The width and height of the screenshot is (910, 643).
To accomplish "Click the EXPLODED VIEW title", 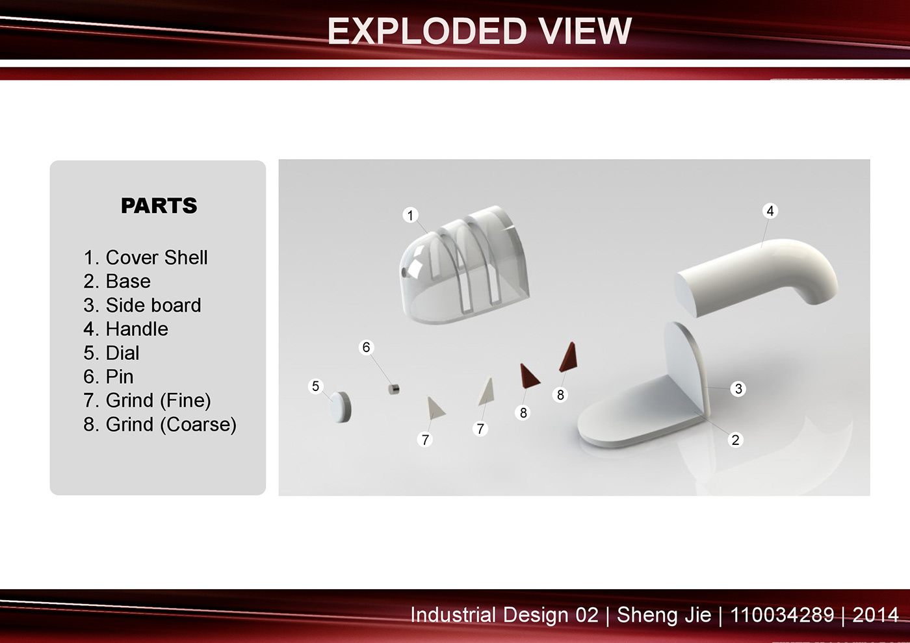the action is click(480, 31).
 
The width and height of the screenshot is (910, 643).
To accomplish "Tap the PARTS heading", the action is click(159, 205).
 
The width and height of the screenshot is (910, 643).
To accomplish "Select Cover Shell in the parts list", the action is click(157, 257).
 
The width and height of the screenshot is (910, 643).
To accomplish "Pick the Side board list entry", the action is click(153, 305).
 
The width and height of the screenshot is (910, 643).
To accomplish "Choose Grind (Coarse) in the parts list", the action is click(171, 425).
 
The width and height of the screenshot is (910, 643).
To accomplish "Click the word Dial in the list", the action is click(122, 353).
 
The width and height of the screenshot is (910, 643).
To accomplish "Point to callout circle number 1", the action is click(410, 215).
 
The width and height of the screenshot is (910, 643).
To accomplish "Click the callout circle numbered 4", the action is click(770, 210).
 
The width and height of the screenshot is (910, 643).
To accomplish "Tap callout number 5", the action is click(316, 386).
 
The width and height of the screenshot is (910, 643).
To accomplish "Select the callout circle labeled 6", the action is click(366, 347).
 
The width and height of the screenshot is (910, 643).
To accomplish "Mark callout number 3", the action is click(738, 389).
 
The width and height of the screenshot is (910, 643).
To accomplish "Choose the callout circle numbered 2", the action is click(735, 440).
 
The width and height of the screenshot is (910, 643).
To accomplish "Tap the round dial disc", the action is click(340, 407).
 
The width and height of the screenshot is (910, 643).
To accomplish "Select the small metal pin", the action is click(393, 389).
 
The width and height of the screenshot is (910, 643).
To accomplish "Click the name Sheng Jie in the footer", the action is click(664, 616).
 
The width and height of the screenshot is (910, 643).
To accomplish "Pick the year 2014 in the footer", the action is click(876, 615).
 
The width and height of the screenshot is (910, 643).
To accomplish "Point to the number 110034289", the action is click(782, 615).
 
